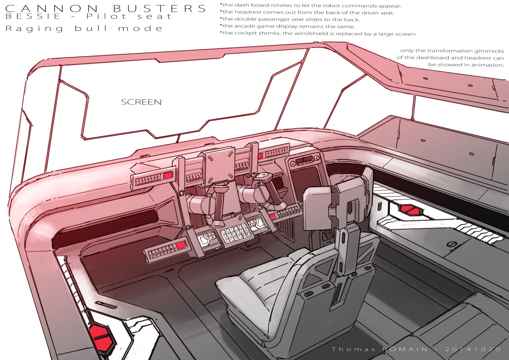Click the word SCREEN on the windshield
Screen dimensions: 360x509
point(141,102)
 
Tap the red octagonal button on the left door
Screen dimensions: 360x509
point(101,331)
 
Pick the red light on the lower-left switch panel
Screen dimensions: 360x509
point(180,246)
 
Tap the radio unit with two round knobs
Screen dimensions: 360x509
point(303,161)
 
